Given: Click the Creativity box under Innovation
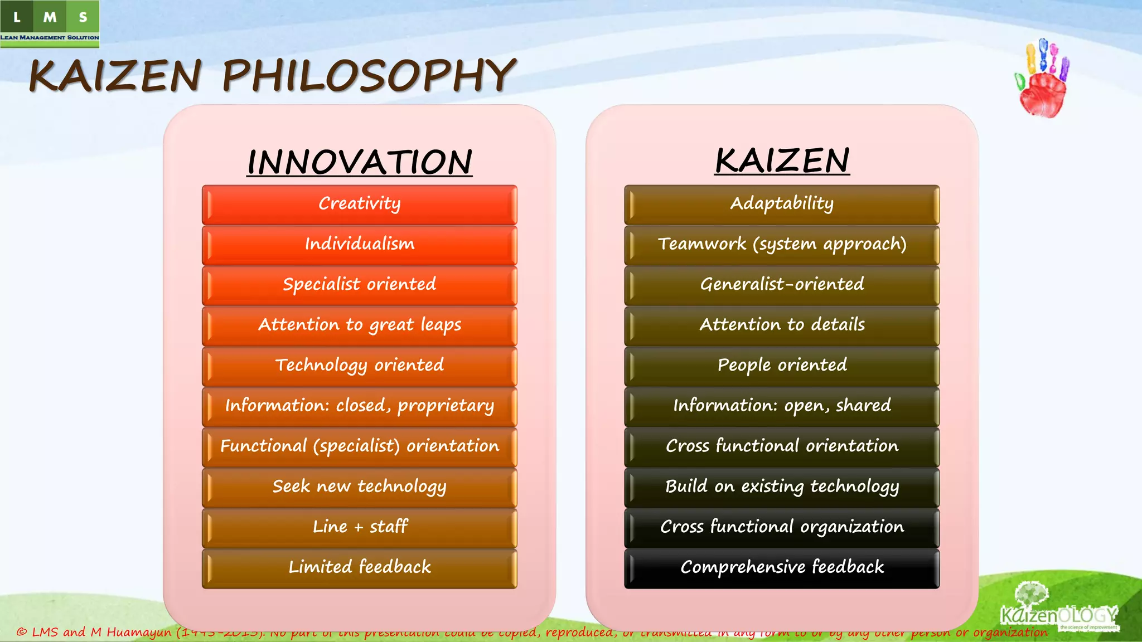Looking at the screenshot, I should tap(359, 204).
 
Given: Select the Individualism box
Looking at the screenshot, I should tap(359, 245).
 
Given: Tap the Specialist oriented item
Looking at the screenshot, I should tap(359, 285).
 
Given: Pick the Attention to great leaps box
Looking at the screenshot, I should tap(359, 325).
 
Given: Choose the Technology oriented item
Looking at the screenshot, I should tap(359, 366).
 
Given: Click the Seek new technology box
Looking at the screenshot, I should tap(359, 487).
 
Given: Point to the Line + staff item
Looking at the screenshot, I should tap(359, 527).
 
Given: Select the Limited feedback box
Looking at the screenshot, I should tap(359, 568).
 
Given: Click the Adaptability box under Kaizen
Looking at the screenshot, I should tap(782, 204).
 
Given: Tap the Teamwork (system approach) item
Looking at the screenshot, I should tap(782, 245).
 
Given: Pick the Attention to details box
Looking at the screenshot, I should tap(782, 325).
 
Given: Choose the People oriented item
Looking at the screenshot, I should tap(782, 366).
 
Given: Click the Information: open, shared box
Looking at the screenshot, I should tap(782, 406).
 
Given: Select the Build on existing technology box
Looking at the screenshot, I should tap(782, 487).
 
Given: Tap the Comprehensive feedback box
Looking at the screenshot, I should tap(782, 568).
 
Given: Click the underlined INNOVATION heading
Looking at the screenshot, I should tap(360, 162).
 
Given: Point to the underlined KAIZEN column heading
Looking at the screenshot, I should tap(782, 161).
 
